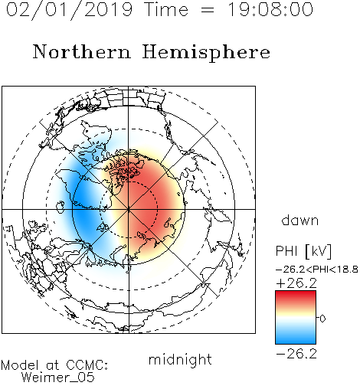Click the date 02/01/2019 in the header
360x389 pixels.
69,10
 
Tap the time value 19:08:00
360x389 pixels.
270,9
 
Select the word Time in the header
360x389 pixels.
166,9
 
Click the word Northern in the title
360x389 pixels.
82,51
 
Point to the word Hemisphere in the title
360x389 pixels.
206,53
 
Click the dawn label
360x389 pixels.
300,220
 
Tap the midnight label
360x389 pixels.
180,360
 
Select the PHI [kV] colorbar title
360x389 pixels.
303,251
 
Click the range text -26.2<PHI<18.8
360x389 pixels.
317,270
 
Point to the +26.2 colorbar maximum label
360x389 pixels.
296,283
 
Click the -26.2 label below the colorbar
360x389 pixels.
296,354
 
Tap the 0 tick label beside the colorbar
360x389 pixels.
322,319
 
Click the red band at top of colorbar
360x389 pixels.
296,296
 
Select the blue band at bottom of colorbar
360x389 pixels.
296,338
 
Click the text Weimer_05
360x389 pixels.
58,378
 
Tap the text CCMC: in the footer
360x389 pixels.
87,365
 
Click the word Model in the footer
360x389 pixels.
20,365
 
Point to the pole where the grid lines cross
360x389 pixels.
129,209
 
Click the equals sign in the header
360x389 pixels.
208,10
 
